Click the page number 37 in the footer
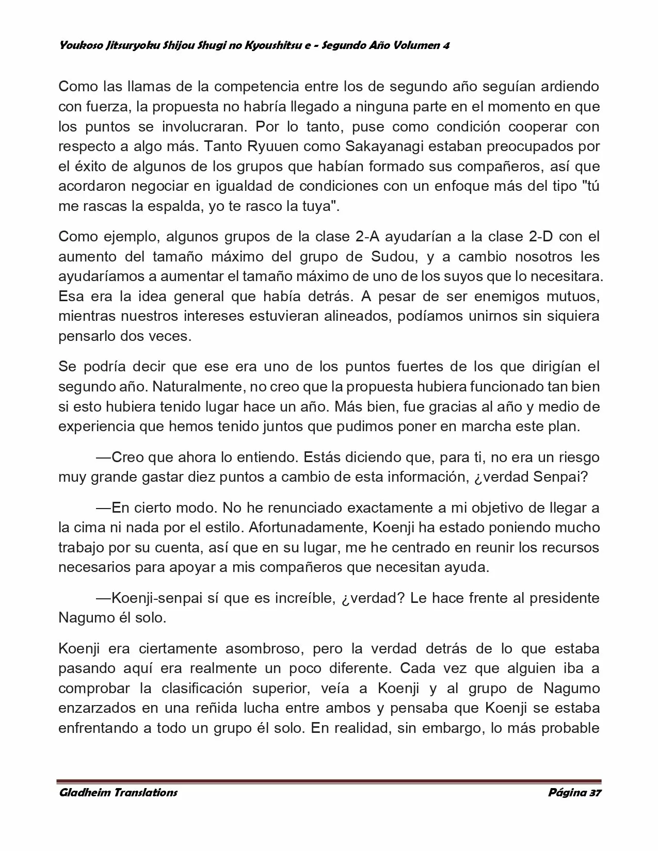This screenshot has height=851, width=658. point(594,793)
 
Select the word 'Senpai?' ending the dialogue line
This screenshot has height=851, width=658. point(561,477)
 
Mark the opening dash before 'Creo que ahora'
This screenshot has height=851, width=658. point(103,457)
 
